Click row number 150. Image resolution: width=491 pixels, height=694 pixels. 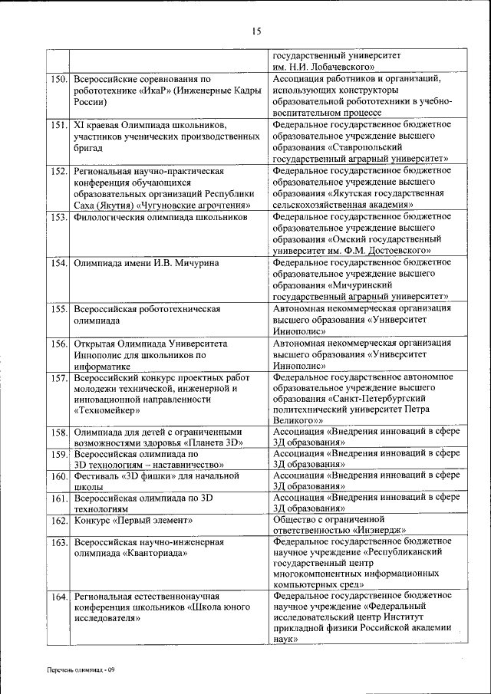[x=60, y=78]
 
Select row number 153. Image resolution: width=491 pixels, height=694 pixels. [x=60, y=217]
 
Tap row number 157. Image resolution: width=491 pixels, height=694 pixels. [x=60, y=377]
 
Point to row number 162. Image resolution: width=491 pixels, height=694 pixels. [x=60, y=521]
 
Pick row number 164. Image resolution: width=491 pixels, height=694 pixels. [x=60, y=596]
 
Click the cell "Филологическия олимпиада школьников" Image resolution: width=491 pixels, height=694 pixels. [x=160, y=217]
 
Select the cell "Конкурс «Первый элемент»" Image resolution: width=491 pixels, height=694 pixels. [x=133, y=521]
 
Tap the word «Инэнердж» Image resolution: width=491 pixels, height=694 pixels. [x=379, y=530]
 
